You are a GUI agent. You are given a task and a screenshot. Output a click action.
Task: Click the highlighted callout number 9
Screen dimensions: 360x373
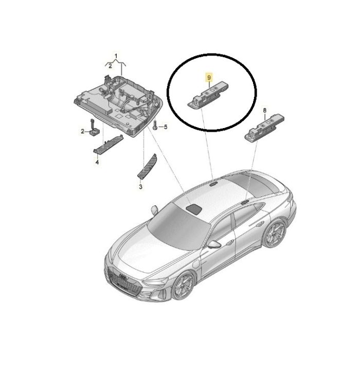[x=209, y=78]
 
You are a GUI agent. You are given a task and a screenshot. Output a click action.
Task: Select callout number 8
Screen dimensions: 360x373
[x=265, y=111]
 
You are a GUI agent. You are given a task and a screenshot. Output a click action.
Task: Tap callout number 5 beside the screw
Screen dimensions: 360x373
[x=166, y=127]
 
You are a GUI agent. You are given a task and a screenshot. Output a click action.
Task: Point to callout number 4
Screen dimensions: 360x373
[x=97, y=162]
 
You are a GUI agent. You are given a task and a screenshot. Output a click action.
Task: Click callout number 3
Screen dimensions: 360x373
[x=140, y=187]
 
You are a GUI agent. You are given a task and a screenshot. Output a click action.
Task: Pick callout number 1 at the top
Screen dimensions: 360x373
[x=116, y=57]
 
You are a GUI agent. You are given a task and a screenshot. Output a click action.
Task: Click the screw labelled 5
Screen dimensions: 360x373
[x=155, y=125]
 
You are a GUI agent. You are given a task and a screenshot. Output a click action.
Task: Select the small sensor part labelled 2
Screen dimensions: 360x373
[x=94, y=128]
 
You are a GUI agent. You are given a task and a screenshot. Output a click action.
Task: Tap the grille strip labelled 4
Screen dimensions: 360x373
[x=108, y=145]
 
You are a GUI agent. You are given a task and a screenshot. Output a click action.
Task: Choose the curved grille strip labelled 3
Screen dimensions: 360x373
[x=147, y=166]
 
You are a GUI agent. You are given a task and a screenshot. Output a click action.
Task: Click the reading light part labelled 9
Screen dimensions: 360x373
[x=209, y=94]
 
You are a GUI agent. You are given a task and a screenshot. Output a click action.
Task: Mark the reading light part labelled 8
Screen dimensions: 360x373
[x=264, y=129]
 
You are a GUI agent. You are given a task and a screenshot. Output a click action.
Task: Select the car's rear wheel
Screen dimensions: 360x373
[x=275, y=233]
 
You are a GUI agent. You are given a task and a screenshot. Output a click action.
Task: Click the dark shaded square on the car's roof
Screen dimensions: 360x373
[x=194, y=208]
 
